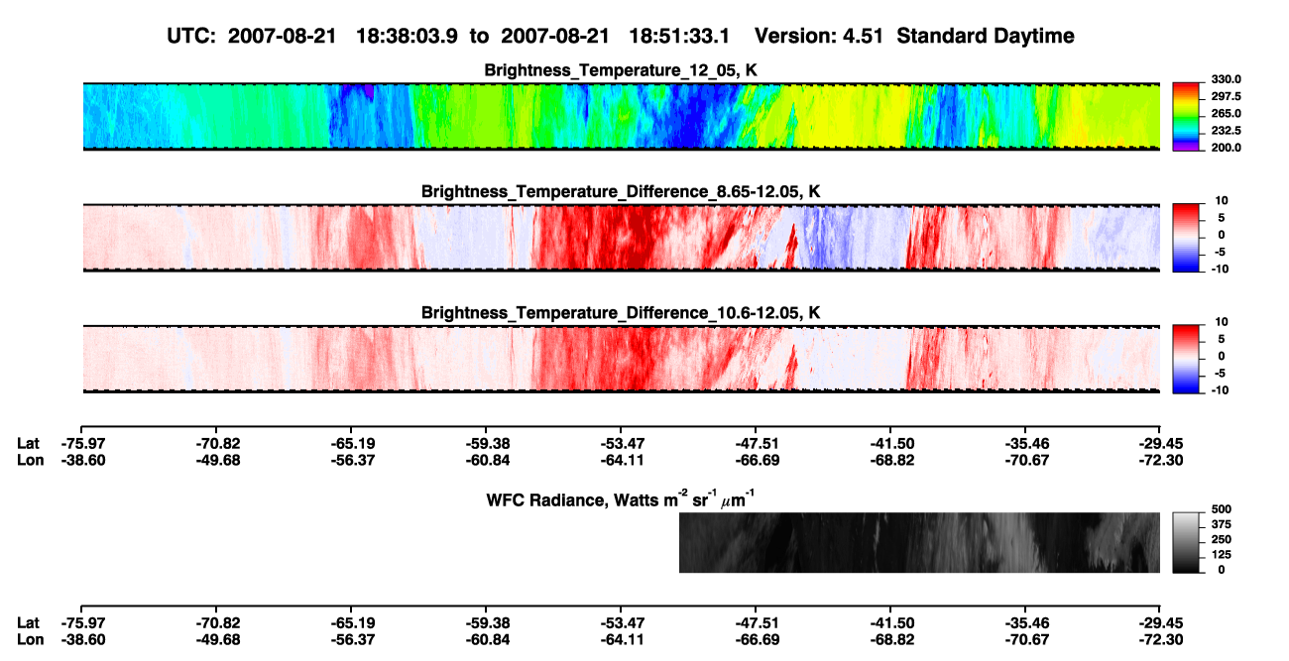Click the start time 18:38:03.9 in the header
(x=407, y=37)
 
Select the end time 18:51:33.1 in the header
(x=679, y=37)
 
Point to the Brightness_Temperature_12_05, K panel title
(x=621, y=70)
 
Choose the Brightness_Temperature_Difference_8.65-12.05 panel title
(x=621, y=191)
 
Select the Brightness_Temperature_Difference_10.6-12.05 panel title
(x=621, y=313)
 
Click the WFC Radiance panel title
(x=620, y=498)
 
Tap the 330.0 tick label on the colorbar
(x=1226, y=79)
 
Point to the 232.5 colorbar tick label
(x=1226, y=131)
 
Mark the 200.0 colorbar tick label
(x=1226, y=148)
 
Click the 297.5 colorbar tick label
(x=1226, y=96)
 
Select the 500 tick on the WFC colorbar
(x=1222, y=509)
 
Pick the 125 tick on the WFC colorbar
(x=1222, y=555)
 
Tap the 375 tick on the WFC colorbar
(x=1222, y=524)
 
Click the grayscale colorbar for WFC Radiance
(x=1186, y=542)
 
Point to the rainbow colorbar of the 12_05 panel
(x=1186, y=117)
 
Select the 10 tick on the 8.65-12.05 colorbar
(x=1222, y=201)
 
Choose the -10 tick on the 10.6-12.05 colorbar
(x=1220, y=390)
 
